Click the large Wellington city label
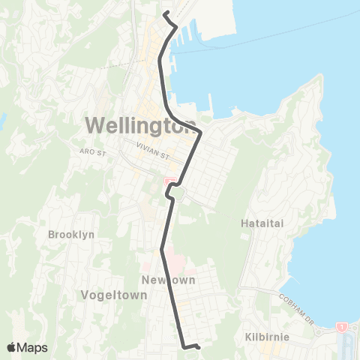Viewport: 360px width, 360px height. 139,124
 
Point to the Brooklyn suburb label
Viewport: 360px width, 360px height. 71,234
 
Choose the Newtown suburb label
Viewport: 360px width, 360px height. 168,280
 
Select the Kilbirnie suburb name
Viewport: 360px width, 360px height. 266,337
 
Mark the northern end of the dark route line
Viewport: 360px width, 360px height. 164,13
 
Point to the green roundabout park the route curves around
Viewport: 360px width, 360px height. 177,196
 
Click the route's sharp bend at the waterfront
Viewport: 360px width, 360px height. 201,133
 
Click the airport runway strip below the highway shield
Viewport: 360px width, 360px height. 347,345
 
